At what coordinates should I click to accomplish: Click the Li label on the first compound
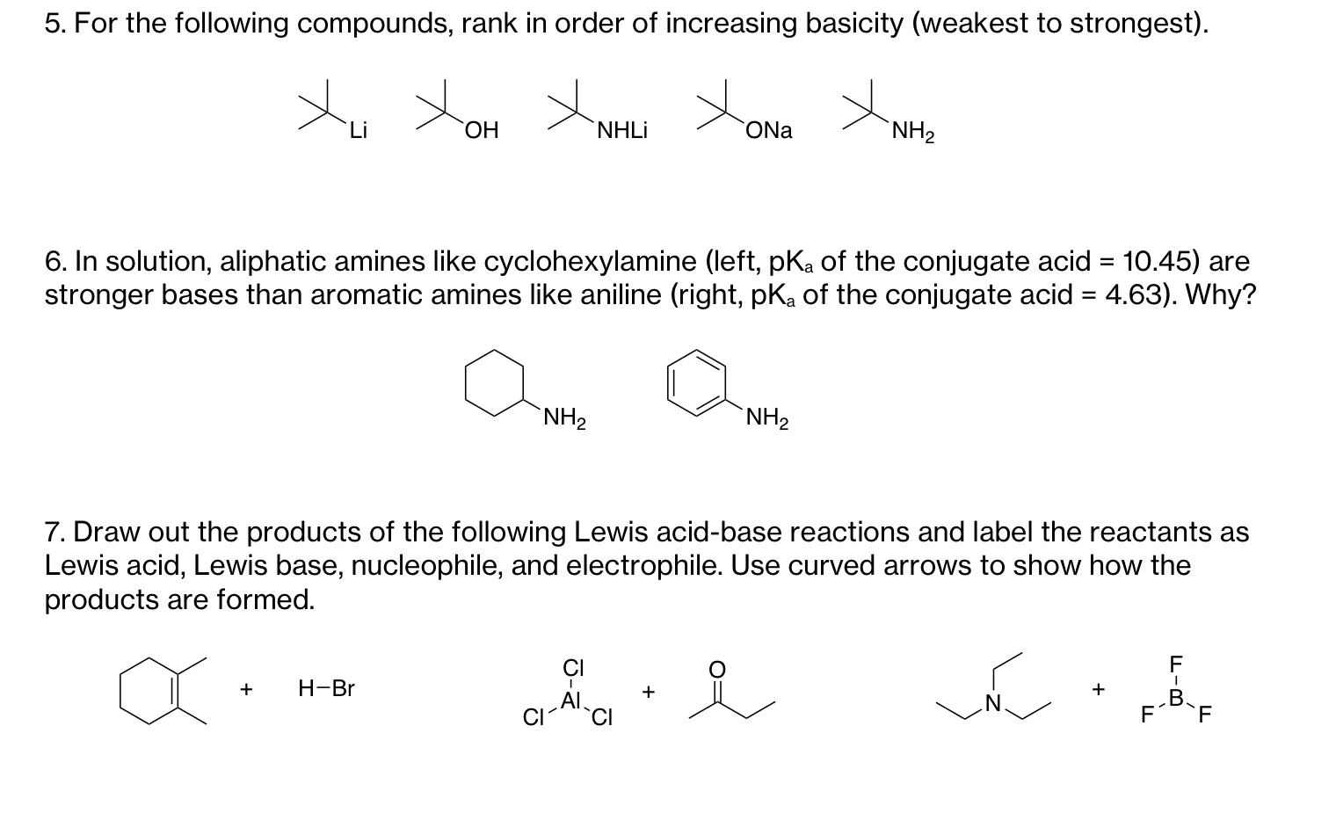pyautogui.click(x=357, y=131)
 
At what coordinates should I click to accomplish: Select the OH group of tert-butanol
pyautogui.click(x=482, y=131)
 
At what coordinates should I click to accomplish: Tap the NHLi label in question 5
pyautogui.click(x=621, y=131)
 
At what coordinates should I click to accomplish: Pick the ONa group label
pyautogui.click(x=768, y=131)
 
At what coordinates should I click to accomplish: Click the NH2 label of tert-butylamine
pyautogui.click(x=912, y=133)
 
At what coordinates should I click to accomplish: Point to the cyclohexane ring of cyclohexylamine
pyautogui.click(x=495, y=382)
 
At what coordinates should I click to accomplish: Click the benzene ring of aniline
pyautogui.click(x=697, y=382)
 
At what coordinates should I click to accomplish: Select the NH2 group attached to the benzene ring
pyautogui.click(x=766, y=418)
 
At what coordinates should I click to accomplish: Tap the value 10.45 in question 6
pyautogui.click(x=1161, y=261)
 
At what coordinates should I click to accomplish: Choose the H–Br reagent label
pyautogui.click(x=326, y=688)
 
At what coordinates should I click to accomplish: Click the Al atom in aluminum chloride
pyautogui.click(x=570, y=700)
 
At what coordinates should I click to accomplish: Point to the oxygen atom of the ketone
pyautogui.click(x=717, y=670)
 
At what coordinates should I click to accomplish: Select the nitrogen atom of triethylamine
pyautogui.click(x=993, y=703)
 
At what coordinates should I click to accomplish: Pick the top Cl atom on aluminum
pyautogui.click(x=573, y=668)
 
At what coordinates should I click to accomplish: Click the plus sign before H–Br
pyautogui.click(x=247, y=688)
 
